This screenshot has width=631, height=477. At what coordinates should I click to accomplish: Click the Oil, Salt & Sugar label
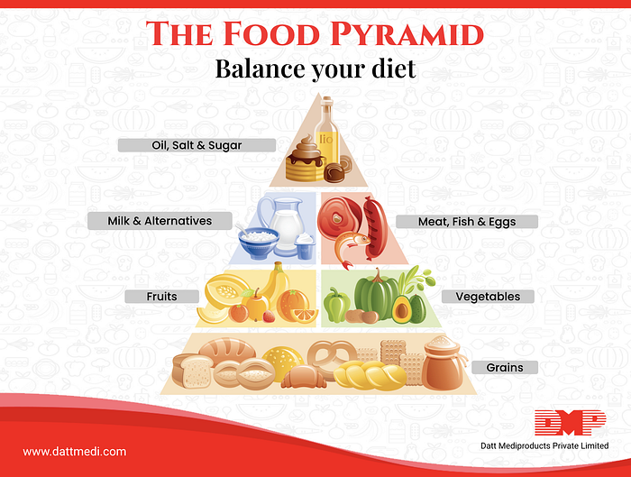point(197,145)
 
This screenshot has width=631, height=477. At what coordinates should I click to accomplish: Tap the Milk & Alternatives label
point(160,221)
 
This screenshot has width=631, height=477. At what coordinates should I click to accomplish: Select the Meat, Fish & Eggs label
point(467,222)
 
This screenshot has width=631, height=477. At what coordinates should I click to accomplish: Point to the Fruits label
point(161,297)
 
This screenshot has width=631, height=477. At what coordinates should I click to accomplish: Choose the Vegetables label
point(488,297)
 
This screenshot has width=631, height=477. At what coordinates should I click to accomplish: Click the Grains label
point(505,368)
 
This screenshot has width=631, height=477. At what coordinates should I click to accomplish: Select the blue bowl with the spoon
point(258,243)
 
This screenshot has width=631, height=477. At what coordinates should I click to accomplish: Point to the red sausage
point(376,227)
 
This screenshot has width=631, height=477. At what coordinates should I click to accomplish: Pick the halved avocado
point(401,309)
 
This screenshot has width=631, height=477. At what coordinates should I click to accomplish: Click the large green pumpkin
point(376,296)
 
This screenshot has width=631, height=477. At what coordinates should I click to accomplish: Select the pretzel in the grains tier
point(332,357)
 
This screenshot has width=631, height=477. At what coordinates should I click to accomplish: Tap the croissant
point(304,378)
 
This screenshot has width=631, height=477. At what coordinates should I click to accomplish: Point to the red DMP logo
point(571,423)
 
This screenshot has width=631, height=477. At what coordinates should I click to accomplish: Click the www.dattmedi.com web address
point(75,452)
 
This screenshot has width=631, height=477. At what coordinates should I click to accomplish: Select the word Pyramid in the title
point(407,33)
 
